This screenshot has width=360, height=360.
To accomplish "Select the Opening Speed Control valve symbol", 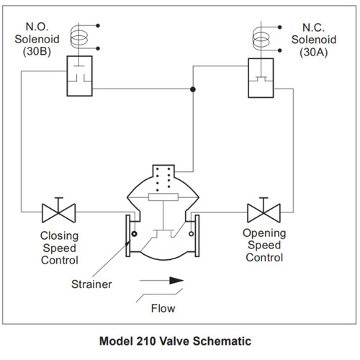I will pyautogui.click(x=263, y=213).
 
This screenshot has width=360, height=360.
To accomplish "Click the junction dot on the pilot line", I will pyautogui.click(x=192, y=89).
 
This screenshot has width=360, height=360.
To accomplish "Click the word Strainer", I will pyautogui.click(x=92, y=284).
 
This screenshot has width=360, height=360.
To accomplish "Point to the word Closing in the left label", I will pyautogui.click(x=60, y=235).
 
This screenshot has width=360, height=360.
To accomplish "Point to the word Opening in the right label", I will pyautogui.click(x=264, y=233).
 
